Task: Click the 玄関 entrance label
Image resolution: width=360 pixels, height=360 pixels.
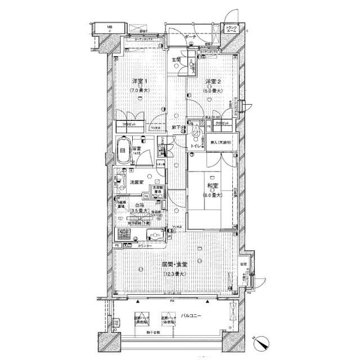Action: coord(176,59)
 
